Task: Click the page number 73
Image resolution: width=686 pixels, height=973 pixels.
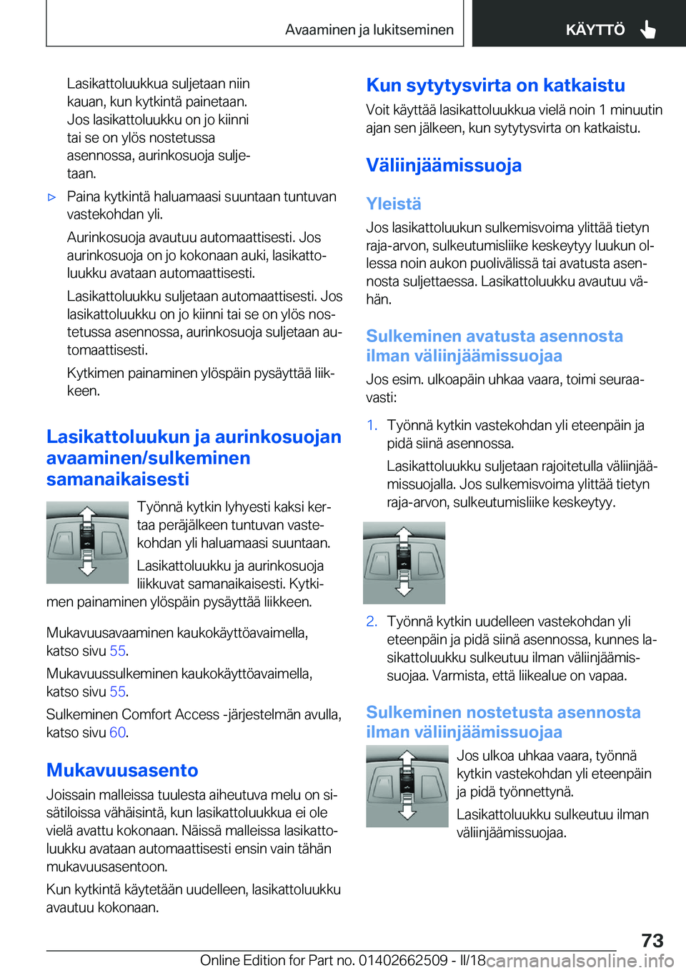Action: [652, 940]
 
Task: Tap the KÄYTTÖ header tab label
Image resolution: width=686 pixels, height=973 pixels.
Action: [595, 30]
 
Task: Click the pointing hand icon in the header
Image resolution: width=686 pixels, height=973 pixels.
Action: [648, 29]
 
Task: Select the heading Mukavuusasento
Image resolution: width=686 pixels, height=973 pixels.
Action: [122, 770]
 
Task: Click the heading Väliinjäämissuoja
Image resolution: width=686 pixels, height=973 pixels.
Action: [444, 165]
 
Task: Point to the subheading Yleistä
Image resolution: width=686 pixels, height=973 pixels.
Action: [394, 204]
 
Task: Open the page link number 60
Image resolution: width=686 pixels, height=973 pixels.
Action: [118, 732]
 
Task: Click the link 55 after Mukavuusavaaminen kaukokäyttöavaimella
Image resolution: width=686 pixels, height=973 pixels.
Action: [118, 651]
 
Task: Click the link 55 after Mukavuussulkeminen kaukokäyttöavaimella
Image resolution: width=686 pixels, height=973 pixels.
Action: [118, 692]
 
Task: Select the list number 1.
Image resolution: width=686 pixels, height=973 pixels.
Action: [372, 425]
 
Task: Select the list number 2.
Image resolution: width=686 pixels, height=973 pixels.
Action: [372, 622]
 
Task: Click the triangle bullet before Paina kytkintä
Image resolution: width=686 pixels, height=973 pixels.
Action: [51, 197]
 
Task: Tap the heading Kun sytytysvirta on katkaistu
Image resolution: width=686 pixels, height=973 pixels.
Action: [495, 85]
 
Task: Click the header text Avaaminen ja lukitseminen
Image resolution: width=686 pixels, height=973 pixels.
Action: [369, 30]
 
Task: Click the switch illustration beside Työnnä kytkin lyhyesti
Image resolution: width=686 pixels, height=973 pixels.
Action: [87, 542]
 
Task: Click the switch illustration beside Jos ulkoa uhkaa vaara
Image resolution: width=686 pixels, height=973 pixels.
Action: [407, 786]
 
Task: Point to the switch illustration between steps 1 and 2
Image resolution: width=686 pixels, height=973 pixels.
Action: [404, 563]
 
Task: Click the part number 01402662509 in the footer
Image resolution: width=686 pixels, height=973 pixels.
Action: [403, 960]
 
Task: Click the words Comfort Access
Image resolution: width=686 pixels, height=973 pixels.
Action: [171, 714]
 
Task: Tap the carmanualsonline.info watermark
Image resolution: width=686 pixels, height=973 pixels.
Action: [580, 961]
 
